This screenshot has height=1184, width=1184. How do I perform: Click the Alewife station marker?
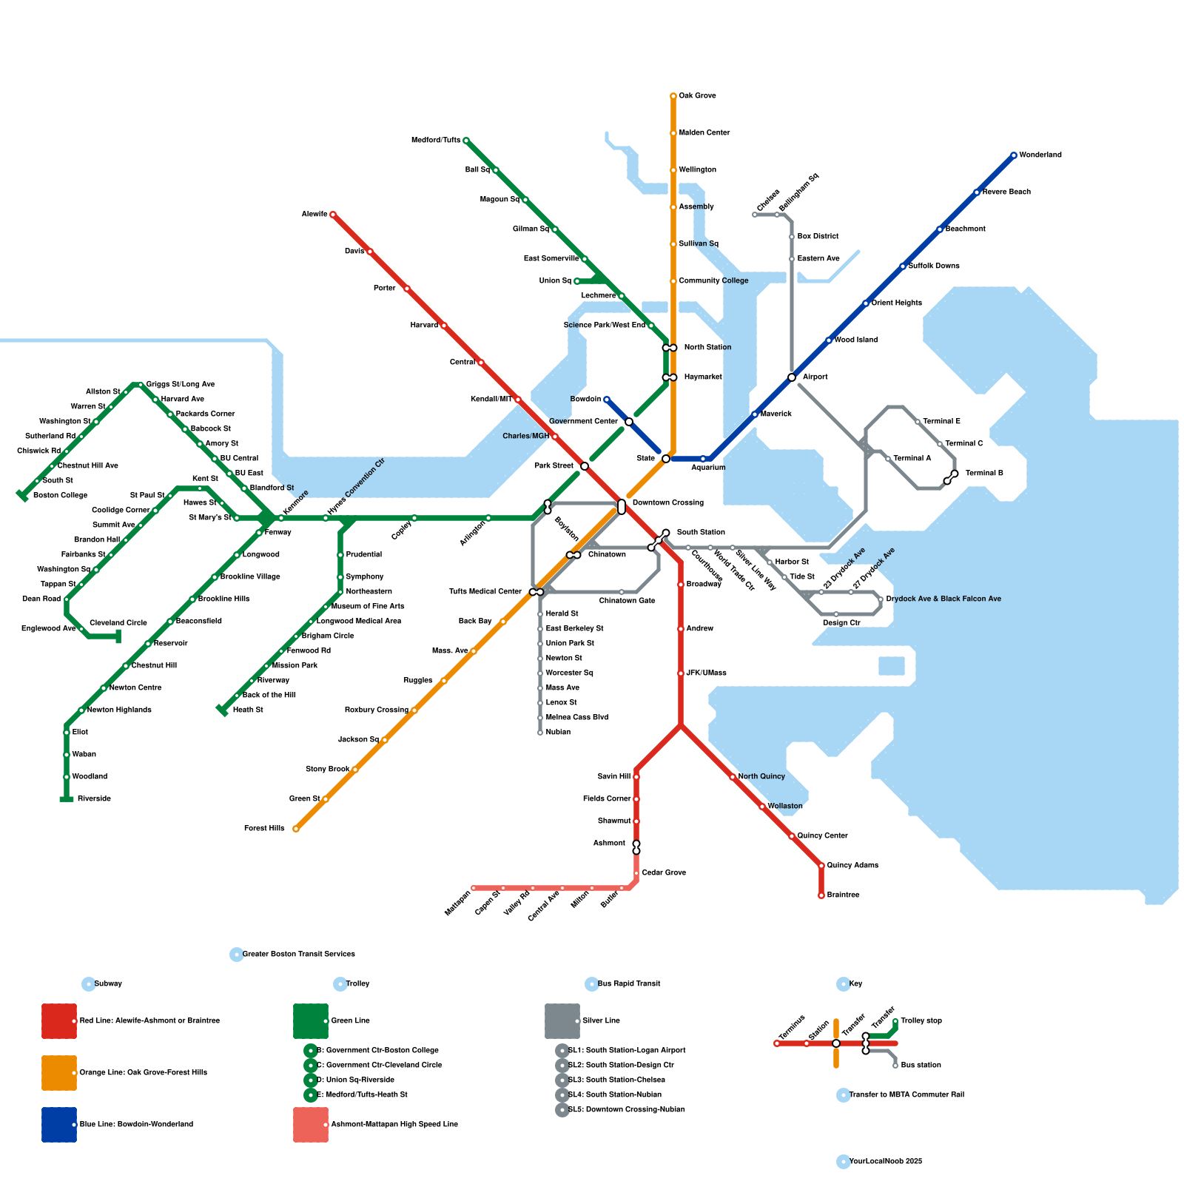click(x=333, y=215)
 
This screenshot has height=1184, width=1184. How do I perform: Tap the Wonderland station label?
click(x=1040, y=155)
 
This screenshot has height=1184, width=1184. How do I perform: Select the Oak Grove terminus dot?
click(x=673, y=96)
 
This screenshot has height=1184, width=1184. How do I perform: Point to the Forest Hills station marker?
click(x=296, y=829)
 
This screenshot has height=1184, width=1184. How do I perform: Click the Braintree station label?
click(x=843, y=895)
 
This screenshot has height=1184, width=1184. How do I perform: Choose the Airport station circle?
click(x=792, y=377)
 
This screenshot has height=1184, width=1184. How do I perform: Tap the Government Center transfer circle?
click(x=629, y=422)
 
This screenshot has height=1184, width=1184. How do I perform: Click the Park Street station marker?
click(x=585, y=466)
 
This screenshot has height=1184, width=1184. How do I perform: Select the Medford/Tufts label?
click(x=436, y=141)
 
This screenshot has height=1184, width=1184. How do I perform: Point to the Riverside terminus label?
click(x=94, y=799)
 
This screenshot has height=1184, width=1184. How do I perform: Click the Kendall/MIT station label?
click(x=491, y=400)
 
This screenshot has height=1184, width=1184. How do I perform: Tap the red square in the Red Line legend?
click(x=59, y=1021)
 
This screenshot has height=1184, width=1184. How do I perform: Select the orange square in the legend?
click(x=59, y=1073)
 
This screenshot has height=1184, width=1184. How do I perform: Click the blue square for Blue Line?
click(x=59, y=1125)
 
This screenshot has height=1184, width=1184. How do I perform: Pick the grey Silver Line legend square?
click(x=562, y=1021)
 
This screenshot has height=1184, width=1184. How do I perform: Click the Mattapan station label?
click(x=457, y=904)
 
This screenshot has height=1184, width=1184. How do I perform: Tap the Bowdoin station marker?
click(x=607, y=400)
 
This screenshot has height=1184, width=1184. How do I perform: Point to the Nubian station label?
click(x=558, y=733)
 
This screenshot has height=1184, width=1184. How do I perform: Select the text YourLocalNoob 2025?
click(x=885, y=1162)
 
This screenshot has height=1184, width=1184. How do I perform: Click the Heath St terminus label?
click(x=248, y=710)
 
